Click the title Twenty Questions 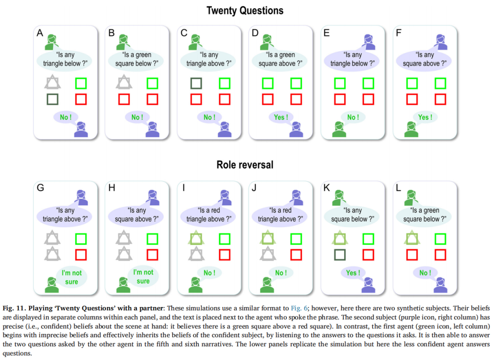click(x=245, y=10)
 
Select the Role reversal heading click(x=245, y=165)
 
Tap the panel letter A click(x=40, y=32)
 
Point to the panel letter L click(x=398, y=188)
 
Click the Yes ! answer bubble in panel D click(x=280, y=117)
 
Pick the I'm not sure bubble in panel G click(x=71, y=277)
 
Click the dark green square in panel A click(x=53, y=99)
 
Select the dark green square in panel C click(x=196, y=83)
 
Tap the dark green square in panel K click(x=340, y=254)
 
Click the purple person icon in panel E click(x=369, y=42)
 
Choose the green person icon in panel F click(x=411, y=129)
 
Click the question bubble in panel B click(x=136, y=59)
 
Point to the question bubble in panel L click(x=424, y=215)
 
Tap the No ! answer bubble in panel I click(x=209, y=273)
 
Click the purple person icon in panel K click(x=368, y=285)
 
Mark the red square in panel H click(x=152, y=254)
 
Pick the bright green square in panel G click(x=81, y=239)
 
